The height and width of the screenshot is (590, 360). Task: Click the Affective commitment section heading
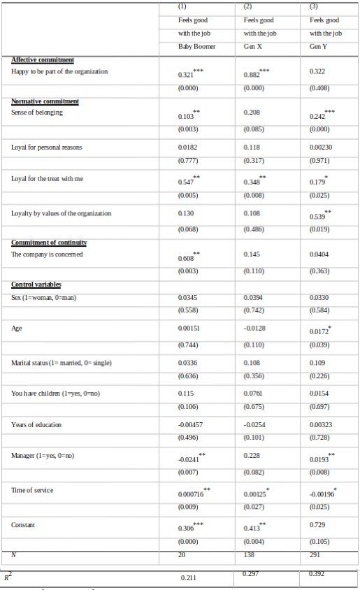43,60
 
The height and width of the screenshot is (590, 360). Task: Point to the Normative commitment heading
45,101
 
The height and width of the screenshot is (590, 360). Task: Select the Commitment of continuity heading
49,243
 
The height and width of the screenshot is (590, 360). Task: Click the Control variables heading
36,285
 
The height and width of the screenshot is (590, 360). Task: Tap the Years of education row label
36,425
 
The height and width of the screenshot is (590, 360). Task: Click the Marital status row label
62,363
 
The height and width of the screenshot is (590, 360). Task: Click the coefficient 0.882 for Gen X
252,75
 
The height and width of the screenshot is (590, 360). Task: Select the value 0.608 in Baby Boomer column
187,258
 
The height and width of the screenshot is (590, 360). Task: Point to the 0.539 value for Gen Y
318,217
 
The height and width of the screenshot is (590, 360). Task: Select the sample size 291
317,555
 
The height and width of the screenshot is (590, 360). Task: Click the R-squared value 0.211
188,578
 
